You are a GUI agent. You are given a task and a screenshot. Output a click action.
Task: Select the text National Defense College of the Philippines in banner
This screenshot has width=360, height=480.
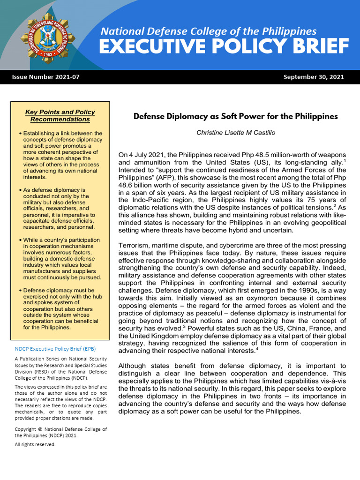[x=209, y=31]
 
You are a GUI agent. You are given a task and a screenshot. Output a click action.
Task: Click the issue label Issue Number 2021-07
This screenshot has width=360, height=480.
[x=45, y=77]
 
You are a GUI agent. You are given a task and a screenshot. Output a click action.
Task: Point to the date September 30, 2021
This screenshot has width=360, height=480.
[x=314, y=77]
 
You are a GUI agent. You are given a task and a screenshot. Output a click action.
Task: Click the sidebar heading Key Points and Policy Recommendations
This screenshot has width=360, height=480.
[x=60, y=116]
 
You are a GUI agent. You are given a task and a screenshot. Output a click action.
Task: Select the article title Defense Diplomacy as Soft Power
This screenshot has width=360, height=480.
[x=235, y=116]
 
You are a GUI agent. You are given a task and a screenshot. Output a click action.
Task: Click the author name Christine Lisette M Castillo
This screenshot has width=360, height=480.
[x=236, y=133]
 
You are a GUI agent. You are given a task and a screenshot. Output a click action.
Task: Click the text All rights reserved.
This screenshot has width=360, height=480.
[x=35, y=444]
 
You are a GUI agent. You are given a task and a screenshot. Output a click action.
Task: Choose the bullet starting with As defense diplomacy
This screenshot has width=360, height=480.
[x=60, y=209]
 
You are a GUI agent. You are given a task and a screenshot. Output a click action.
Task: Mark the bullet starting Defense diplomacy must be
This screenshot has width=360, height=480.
[x=60, y=309]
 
